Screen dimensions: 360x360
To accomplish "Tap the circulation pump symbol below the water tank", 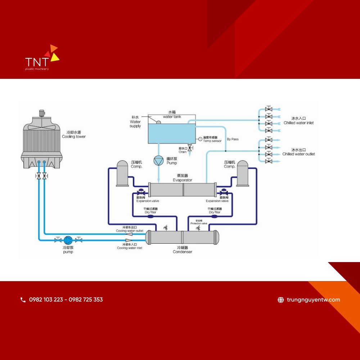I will click(158, 161).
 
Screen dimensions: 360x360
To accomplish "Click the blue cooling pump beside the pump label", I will click(68, 240).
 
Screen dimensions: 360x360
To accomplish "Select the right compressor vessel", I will click(242, 173).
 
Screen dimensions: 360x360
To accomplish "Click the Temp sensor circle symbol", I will click(200, 139).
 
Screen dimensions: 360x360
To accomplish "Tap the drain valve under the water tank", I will click(190, 148).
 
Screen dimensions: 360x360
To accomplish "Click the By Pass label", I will click(233, 139).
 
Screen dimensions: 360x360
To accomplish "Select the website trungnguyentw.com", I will click(313, 300).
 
